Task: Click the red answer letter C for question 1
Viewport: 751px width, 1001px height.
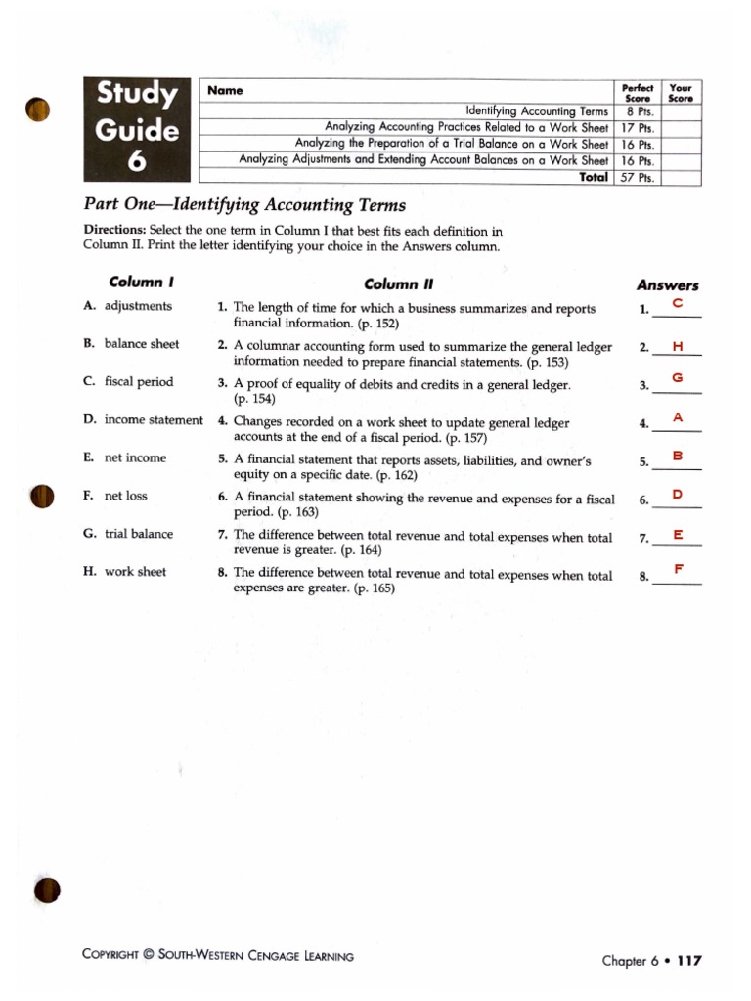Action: (677, 305)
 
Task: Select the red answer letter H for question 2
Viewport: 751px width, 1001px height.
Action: (677, 347)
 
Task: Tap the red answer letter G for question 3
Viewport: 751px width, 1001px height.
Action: (677, 378)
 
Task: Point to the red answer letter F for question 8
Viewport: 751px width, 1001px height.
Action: (678, 569)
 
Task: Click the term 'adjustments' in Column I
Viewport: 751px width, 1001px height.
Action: (138, 306)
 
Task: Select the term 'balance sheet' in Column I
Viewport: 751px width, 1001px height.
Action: (142, 344)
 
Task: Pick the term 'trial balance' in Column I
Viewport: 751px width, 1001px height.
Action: (139, 534)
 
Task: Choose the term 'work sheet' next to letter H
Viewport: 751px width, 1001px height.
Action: (135, 572)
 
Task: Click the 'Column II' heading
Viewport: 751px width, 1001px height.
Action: (397, 284)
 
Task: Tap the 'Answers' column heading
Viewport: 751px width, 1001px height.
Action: (667, 285)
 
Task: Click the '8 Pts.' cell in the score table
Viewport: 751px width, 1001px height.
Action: (638, 112)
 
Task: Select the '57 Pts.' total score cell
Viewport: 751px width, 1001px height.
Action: (638, 178)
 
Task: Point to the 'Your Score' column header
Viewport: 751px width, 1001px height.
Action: (680, 92)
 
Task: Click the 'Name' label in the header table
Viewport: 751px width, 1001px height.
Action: (225, 91)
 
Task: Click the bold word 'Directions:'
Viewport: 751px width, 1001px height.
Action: (114, 232)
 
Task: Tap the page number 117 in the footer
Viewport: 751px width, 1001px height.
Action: (688, 960)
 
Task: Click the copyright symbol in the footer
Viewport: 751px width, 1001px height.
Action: (149, 956)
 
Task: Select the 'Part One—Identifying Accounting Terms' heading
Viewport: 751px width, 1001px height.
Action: (243, 206)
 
